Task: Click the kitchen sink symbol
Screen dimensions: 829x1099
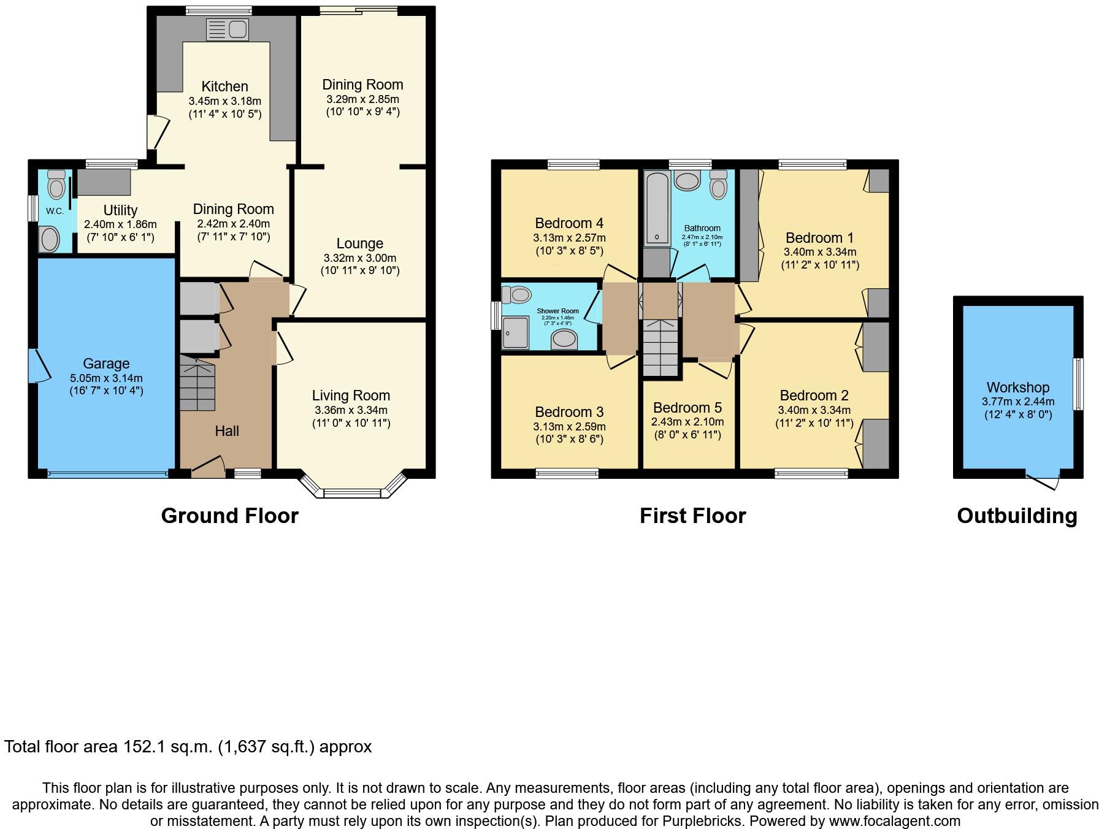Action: tap(227, 29)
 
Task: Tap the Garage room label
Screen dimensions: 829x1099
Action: tap(106, 364)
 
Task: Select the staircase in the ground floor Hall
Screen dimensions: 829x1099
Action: tap(197, 385)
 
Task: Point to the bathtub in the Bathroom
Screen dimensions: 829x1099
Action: tap(657, 208)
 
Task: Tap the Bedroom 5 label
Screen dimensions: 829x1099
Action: tap(687, 408)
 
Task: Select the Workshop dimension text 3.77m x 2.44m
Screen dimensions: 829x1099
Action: tap(1017, 402)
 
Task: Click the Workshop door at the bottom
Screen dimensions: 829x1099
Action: tap(1043, 482)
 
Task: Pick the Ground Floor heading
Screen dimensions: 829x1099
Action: tap(229, 516)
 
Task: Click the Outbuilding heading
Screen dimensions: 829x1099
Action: tap(1017, 516)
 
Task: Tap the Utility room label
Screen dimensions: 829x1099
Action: tap(120, 210)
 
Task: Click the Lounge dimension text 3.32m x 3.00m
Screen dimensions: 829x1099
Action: tap(359, 258)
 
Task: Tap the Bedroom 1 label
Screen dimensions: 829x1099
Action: tap(819, 237)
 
